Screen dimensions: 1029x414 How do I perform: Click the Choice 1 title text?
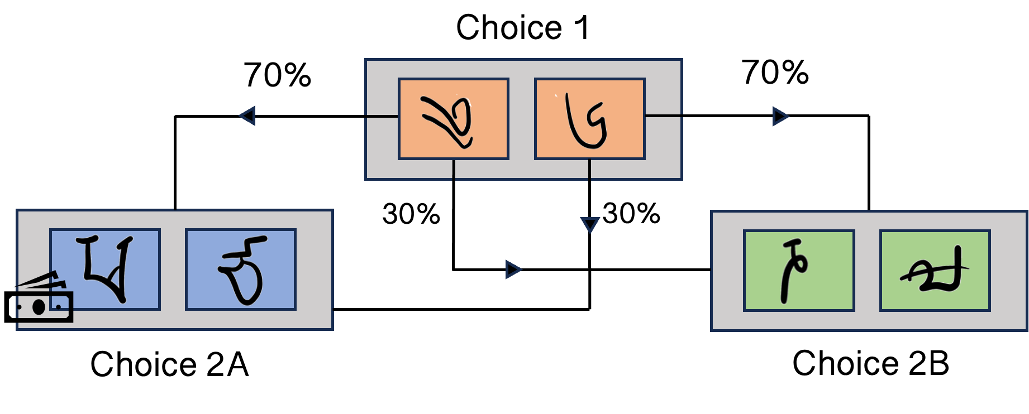coord(522,27)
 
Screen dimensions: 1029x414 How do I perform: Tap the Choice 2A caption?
coord(169,364)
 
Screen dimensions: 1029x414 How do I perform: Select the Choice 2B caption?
coord(870,363)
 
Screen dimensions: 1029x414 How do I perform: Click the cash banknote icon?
coord(39,297)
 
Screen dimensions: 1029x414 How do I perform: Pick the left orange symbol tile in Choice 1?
coord(453,119)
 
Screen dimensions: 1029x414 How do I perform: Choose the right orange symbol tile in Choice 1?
coord(590,119)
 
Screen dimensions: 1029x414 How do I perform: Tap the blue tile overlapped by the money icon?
coord(105,269)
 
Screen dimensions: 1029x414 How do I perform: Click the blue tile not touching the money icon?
coord(241,269)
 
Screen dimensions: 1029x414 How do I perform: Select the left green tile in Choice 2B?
coord(799,271)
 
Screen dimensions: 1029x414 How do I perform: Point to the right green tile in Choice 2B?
coord(935,271)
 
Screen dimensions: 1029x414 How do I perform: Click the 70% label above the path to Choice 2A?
coord(277,75)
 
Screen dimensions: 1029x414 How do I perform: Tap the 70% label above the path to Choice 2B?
coord(775,73)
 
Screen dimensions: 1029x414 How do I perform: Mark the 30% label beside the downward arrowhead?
coord(631,213)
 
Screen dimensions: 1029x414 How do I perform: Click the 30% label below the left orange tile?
coord(411,214)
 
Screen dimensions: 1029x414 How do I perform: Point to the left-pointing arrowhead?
coord(247,116)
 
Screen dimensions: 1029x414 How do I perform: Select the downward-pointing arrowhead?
coord(590,225)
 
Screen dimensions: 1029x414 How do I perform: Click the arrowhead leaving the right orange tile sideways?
coord(780,116)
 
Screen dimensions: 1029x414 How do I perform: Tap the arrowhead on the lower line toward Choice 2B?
coord(513,269)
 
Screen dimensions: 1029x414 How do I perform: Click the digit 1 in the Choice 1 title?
coord(582,27)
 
